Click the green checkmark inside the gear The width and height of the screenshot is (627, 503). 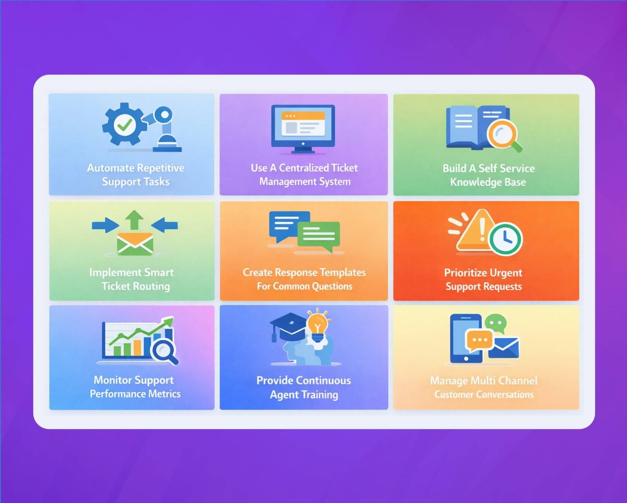(124, 125)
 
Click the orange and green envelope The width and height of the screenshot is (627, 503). (135, 244)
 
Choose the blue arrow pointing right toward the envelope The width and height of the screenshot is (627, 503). (105, 225)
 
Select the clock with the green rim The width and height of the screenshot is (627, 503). (505, 239)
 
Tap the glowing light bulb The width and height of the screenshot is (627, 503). (317, 324)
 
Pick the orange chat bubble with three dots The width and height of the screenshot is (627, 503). (479, 340)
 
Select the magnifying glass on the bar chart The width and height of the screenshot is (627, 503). (164, 350)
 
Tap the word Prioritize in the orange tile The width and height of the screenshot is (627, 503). (465, 273)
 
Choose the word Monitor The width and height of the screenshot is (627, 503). (113, 380)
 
